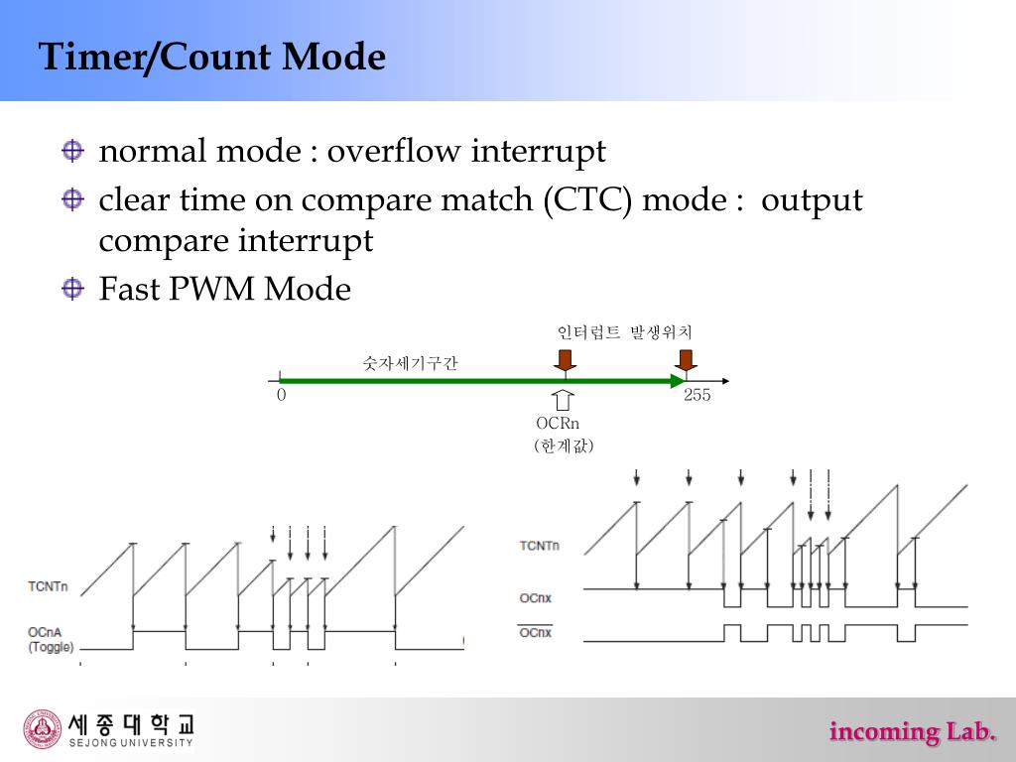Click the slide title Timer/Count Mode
[211, 57]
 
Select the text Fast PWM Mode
[224, 290]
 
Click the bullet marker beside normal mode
[72, 151]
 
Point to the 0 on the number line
[282, 395]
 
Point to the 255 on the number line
[697, 395]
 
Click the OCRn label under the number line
[558, 424]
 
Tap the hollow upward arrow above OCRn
[564, 400]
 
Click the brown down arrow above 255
[684, 359]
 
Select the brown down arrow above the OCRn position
[565, 359]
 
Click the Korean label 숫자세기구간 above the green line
[410, 364]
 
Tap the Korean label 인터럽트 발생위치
[624, 332]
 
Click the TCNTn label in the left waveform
[48, 586]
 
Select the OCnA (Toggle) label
[48, 639]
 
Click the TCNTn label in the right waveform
[539, 546]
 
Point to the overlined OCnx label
[536, 632]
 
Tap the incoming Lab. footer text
[912, 732]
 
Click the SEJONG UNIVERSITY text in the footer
[131, 742]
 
